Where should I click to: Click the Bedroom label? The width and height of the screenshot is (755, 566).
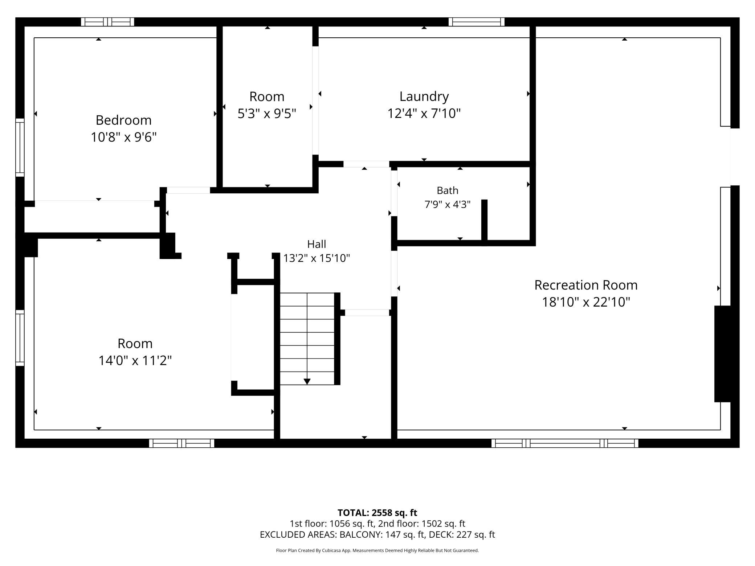(123, 120)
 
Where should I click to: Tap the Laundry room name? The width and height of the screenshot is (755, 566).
(424, 97)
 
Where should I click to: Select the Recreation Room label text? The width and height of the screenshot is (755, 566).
(586, 285)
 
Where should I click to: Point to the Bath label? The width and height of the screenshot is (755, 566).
(447, 190)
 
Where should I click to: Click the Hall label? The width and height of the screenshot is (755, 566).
(317, 244)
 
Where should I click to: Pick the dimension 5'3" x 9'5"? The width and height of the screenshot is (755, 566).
(267, 114)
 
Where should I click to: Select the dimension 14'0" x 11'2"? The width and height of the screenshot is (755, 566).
(135, 361)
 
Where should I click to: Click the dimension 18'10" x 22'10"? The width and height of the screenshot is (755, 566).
(586, 302)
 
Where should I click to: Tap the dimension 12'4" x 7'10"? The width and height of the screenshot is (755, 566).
(424, 114)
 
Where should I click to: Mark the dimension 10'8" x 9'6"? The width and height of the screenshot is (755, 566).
(123, 137)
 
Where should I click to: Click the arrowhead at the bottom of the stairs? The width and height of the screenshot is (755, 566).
(307, 382)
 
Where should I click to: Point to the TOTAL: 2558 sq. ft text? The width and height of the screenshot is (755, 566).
(377, 513)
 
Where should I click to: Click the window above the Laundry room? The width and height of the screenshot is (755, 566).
(477, 22)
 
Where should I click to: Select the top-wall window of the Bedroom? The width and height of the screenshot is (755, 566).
(107, 22)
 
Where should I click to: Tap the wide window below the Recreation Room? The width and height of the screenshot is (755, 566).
(565, 443)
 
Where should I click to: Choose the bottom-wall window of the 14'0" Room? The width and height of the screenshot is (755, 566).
(181, 443)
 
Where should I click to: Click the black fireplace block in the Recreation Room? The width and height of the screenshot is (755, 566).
(723, 354)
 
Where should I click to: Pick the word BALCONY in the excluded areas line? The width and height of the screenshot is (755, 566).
(360, 534)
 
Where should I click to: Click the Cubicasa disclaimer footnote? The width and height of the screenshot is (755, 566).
(377, 550)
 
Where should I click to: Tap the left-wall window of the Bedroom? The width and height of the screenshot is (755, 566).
(20, 147)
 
